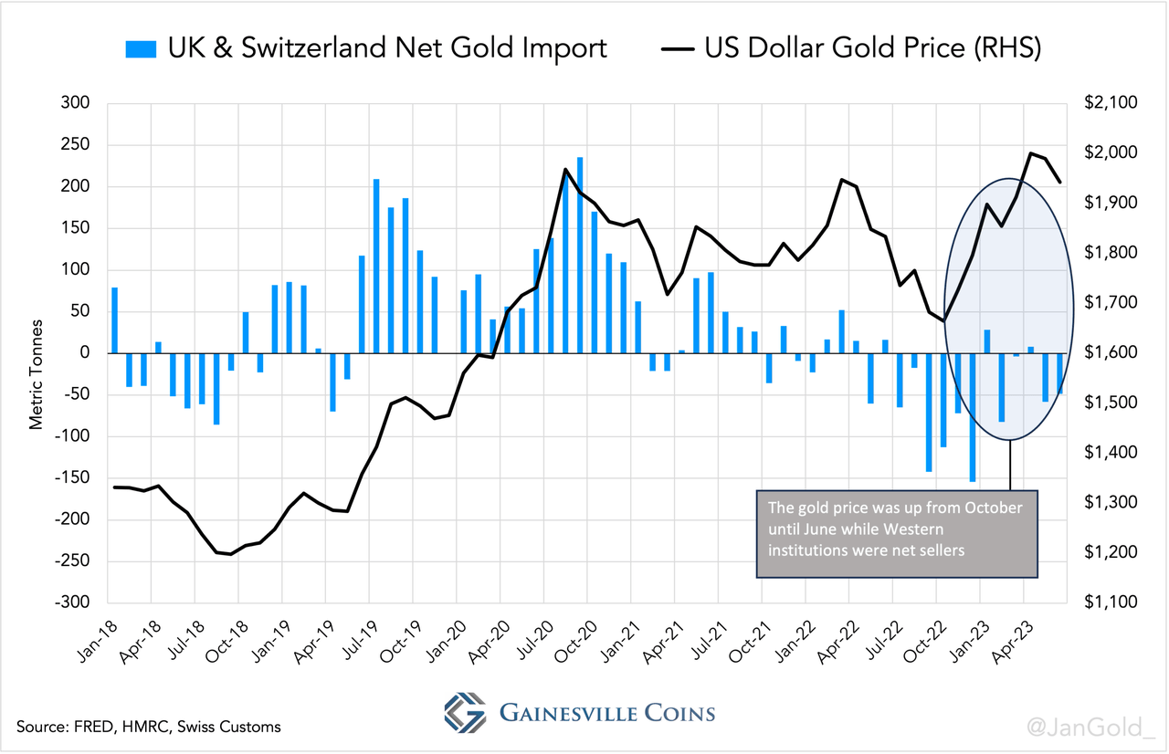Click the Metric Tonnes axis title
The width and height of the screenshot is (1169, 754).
37,374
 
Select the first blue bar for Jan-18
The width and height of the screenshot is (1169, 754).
114,319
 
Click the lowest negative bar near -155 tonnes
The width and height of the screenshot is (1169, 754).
973,416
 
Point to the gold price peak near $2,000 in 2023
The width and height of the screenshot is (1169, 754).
1031,153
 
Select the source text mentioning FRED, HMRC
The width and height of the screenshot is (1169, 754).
148,727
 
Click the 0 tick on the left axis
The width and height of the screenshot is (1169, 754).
83,353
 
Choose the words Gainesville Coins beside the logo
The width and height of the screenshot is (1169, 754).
607,713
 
